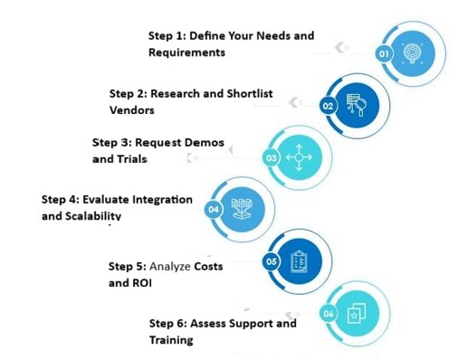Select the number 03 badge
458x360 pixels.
click(271, 158)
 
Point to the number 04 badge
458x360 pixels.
click(215, 210)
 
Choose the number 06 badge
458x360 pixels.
click(328, 314)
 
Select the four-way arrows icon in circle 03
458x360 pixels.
click(298, 157)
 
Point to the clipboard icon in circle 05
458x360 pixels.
click(298, 262)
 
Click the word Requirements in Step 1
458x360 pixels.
click(186, 52)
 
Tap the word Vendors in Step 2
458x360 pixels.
click(131, 109)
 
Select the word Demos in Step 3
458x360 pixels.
click(205, 143)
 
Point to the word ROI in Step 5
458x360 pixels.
click(143, 282)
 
